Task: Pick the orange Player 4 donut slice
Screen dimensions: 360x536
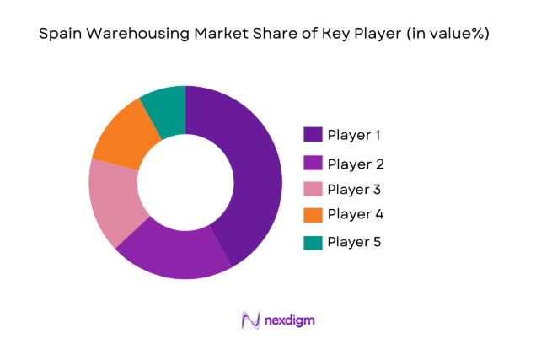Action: point(123,135)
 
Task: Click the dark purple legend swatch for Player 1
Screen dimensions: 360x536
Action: point(313,135)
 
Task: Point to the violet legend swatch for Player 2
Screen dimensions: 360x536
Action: point(313,164)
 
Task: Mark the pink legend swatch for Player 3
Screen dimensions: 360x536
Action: point(313,189)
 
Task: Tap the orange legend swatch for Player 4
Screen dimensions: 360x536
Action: point(313,215)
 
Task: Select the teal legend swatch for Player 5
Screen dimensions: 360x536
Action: point(313,243)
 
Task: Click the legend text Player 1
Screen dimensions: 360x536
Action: point(355,135)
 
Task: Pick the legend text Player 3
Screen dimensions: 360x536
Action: point(355,189)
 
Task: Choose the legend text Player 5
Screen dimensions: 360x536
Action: point(355,243)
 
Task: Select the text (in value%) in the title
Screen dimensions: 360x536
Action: point(446,35)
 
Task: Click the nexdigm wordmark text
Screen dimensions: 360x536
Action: point(280,320)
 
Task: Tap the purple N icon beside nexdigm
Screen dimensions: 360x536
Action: point(249,320)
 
